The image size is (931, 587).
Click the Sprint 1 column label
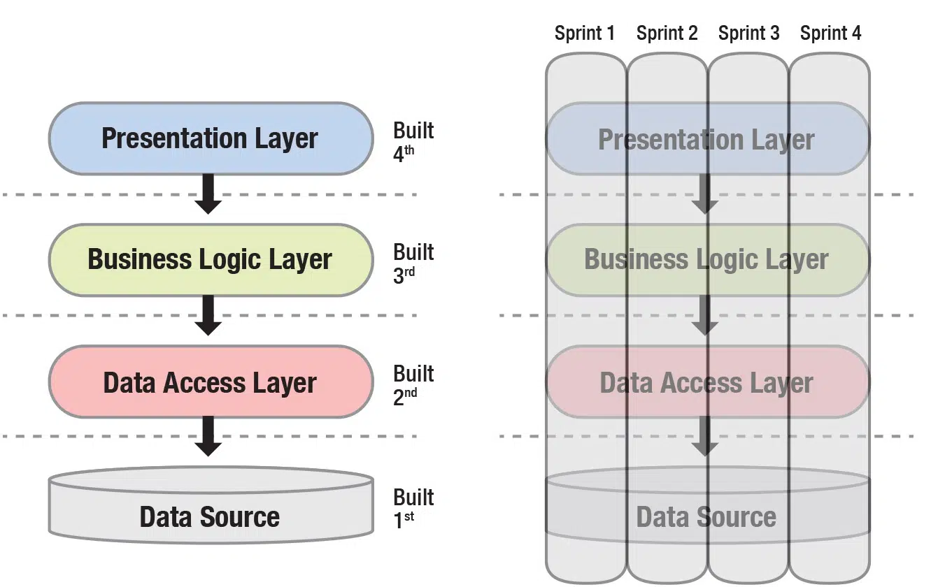coord(584,33)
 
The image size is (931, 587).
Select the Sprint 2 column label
coord(667,33)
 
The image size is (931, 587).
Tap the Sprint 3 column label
coord(748,33)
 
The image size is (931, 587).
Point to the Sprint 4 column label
coord(830,33)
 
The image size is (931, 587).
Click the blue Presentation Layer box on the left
coord(210,138)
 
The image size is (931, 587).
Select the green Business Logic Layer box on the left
coord(210,259)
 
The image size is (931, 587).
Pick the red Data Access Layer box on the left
coord(210,382)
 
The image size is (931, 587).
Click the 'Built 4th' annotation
coord(413,140)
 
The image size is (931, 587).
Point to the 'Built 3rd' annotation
coord(413,262)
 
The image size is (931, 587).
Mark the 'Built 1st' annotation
coord(413,507)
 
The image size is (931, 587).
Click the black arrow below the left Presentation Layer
coord(208,194)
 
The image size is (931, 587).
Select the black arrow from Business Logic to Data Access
coord(208,315)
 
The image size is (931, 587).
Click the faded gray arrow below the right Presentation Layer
coord(704,194)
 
